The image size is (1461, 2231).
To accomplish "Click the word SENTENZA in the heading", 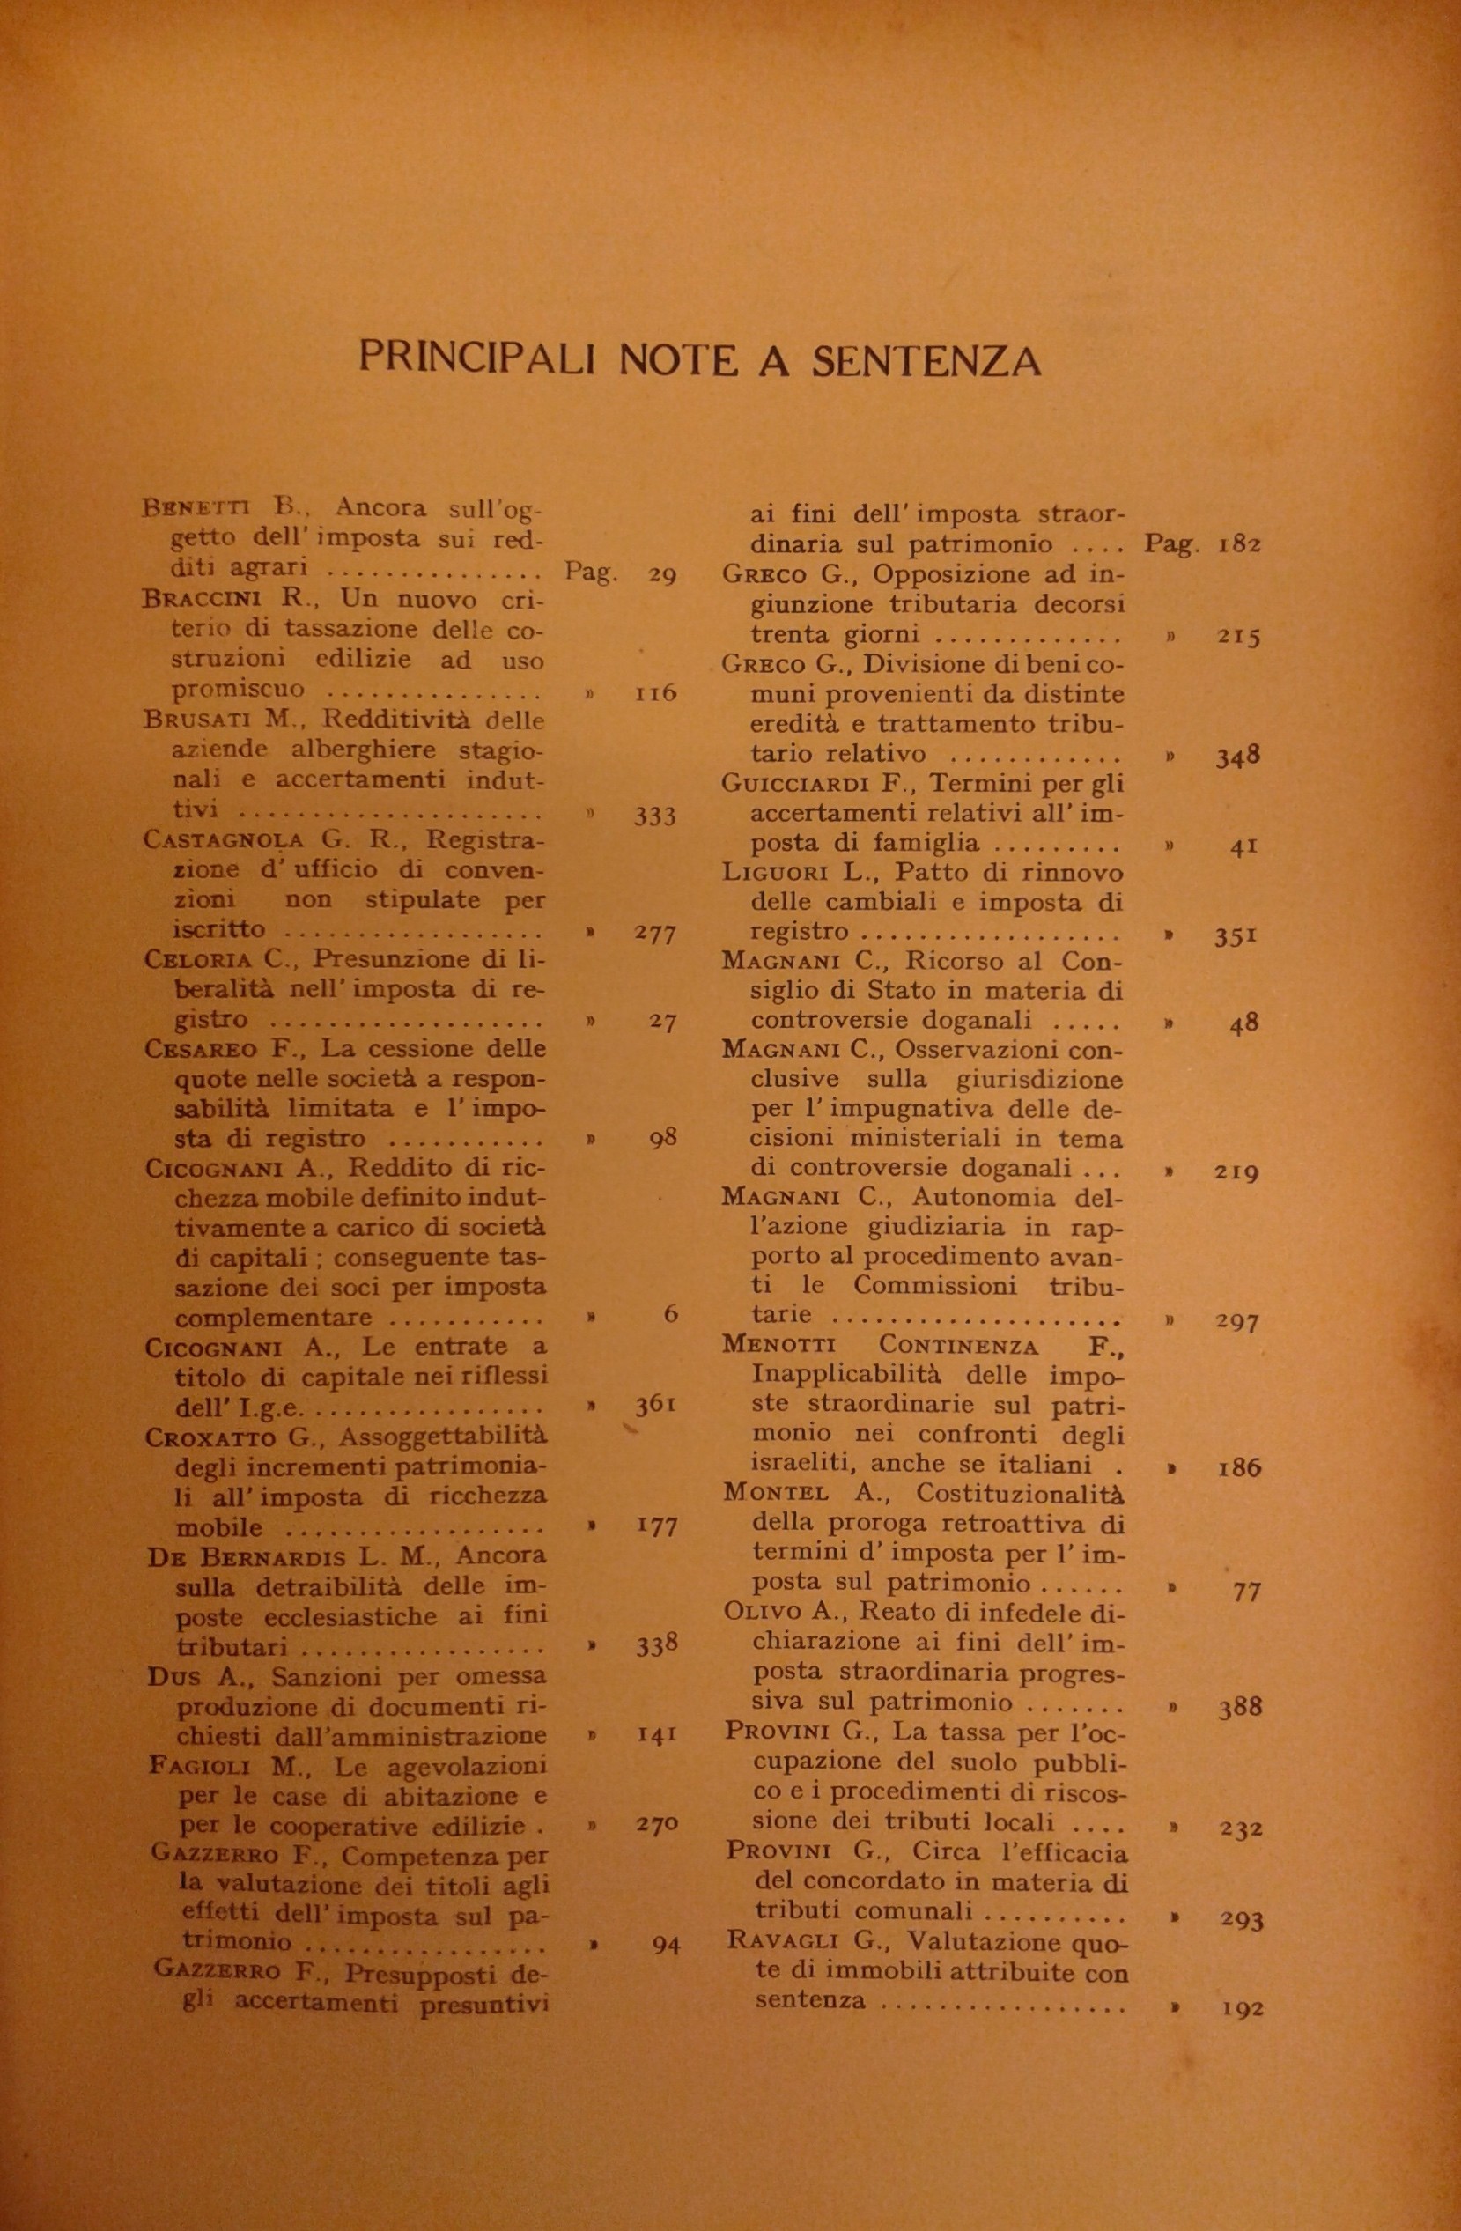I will [x=926, y=361].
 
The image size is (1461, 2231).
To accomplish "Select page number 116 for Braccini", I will [x=655, y=695].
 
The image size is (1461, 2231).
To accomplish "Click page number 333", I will [x=654, y=816].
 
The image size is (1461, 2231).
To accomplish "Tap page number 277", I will [x=654, y=935].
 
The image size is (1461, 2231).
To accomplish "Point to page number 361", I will [x=655, y=1405].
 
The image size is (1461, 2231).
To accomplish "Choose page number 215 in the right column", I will [x=1239, y=637].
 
